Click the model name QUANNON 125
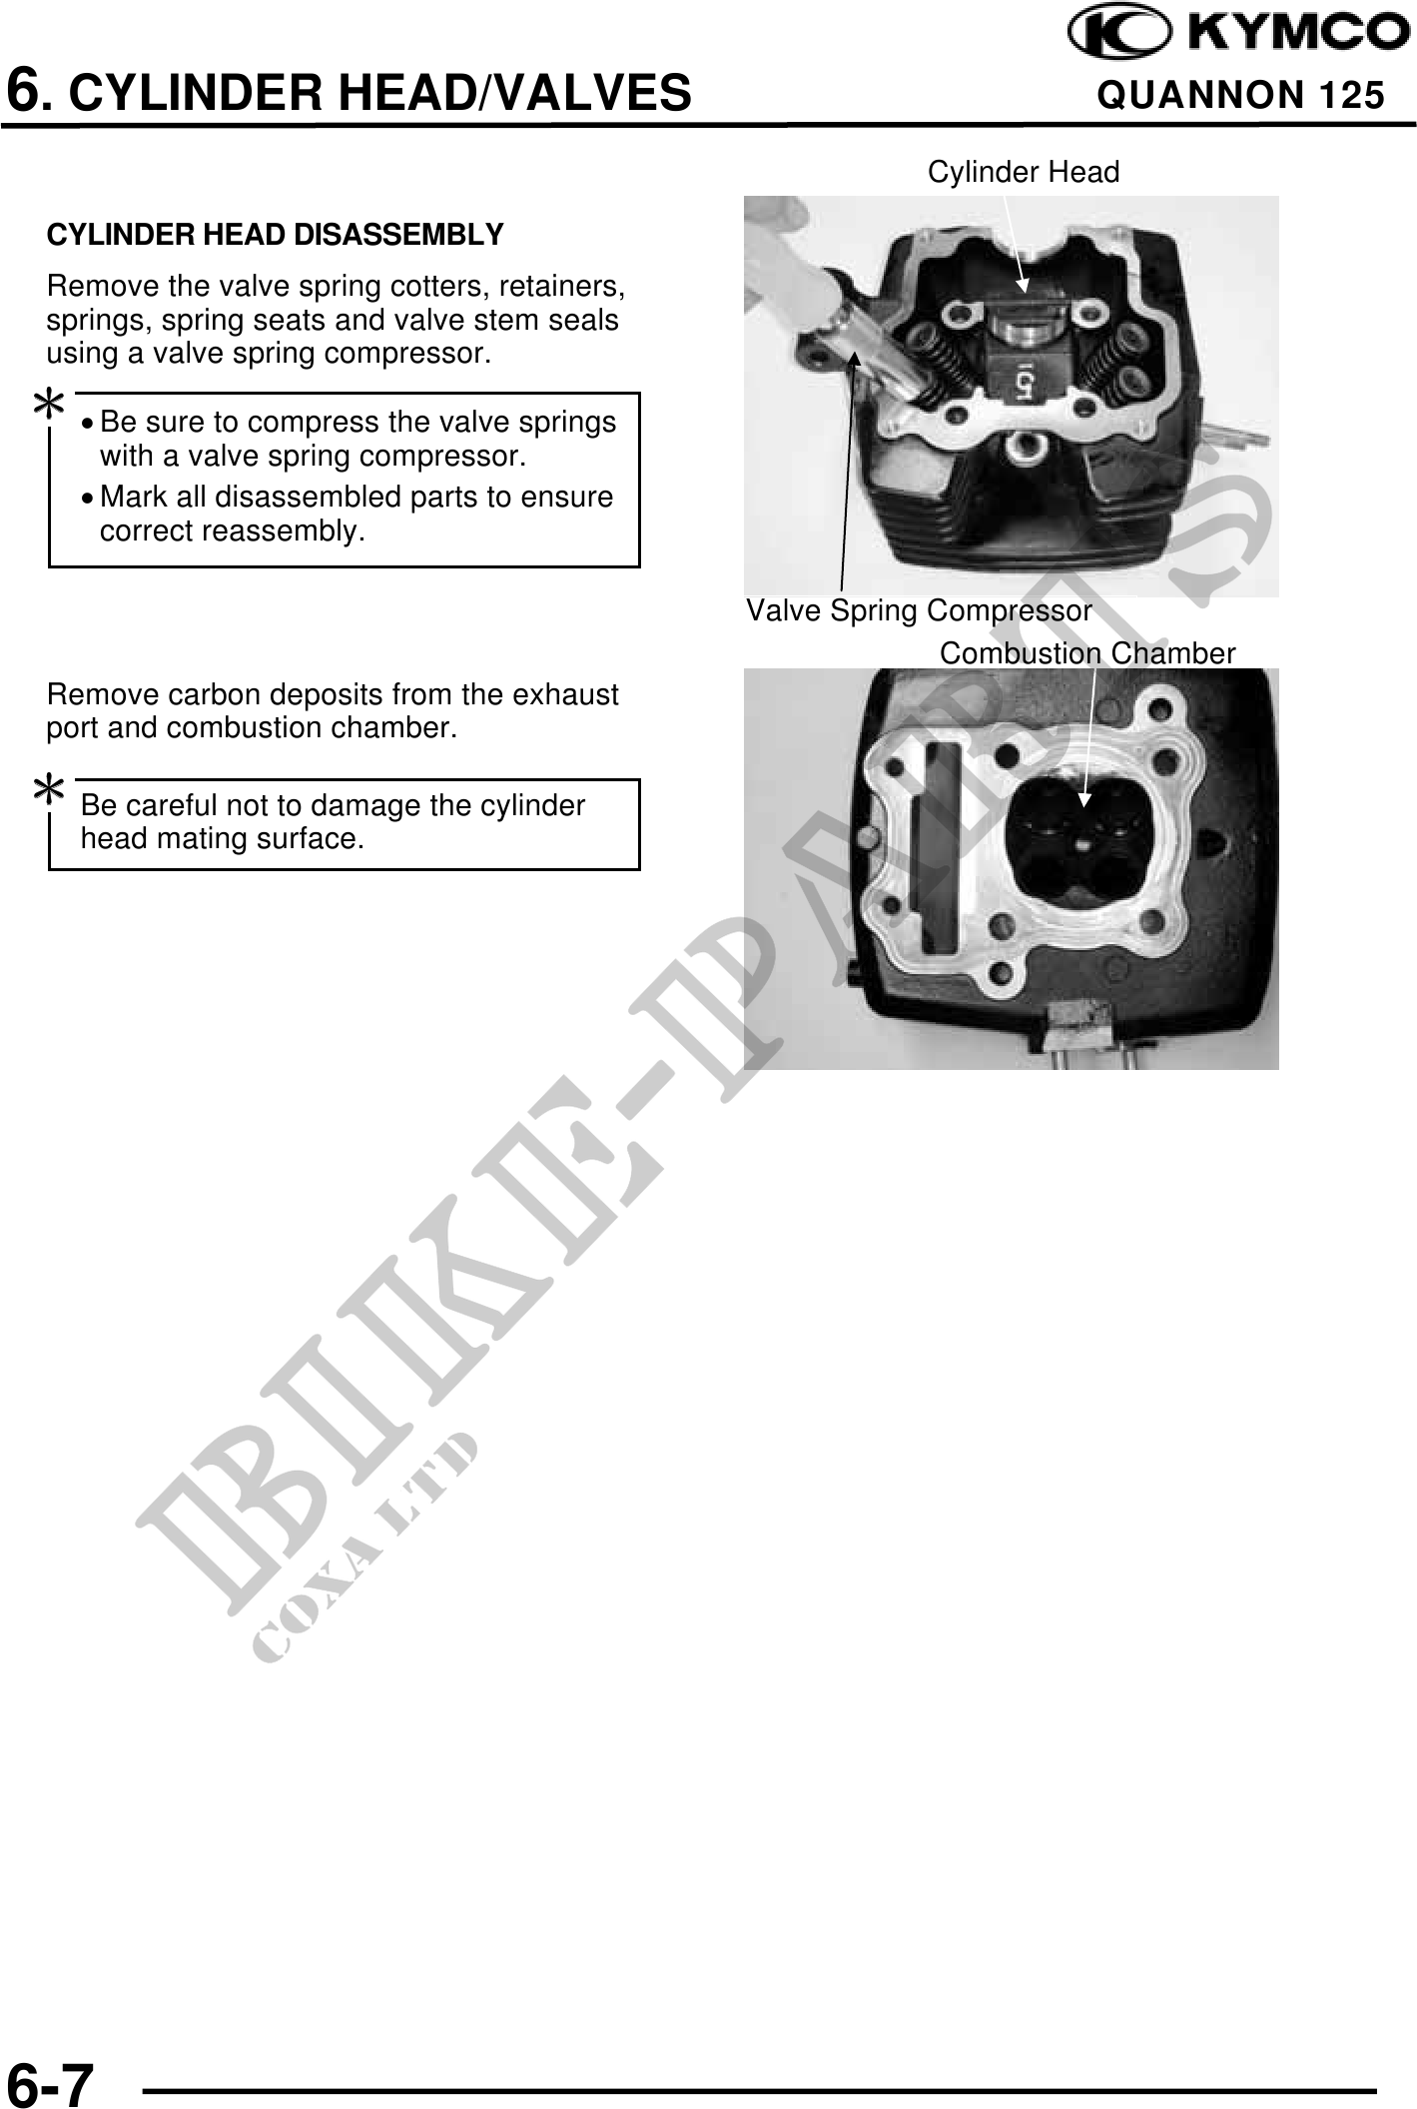1240,95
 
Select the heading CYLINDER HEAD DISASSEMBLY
275,235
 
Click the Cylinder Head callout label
1023,173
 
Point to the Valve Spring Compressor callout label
919,610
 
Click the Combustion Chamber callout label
1086,654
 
